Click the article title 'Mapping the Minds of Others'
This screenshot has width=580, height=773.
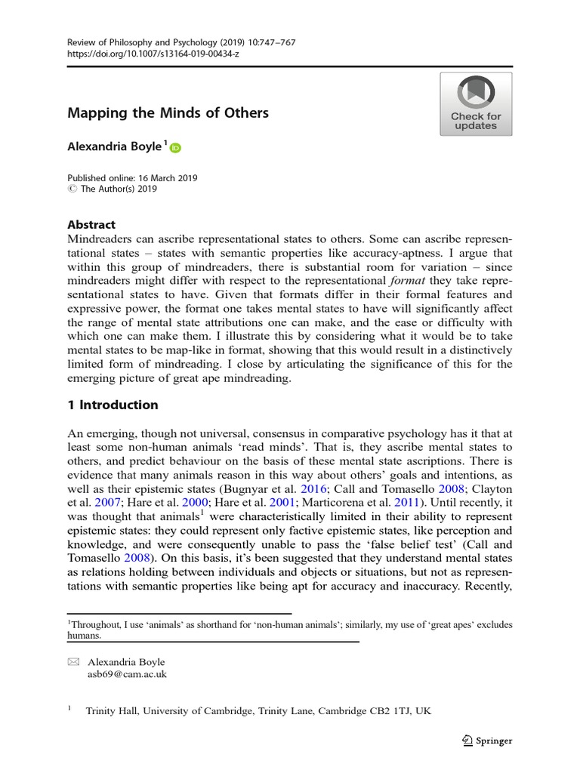click(168, 113)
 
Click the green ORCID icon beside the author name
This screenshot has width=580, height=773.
click(175, 147)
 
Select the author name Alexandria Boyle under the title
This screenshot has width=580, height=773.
click(115, 146)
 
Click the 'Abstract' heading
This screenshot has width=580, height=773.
click(91, 224)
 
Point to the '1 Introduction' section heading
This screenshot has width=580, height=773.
click(113, 405)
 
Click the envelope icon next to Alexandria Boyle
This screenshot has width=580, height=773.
click(73, 662)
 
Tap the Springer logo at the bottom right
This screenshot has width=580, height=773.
click(486, 741)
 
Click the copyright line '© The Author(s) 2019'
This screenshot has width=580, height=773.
click(112, 189)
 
